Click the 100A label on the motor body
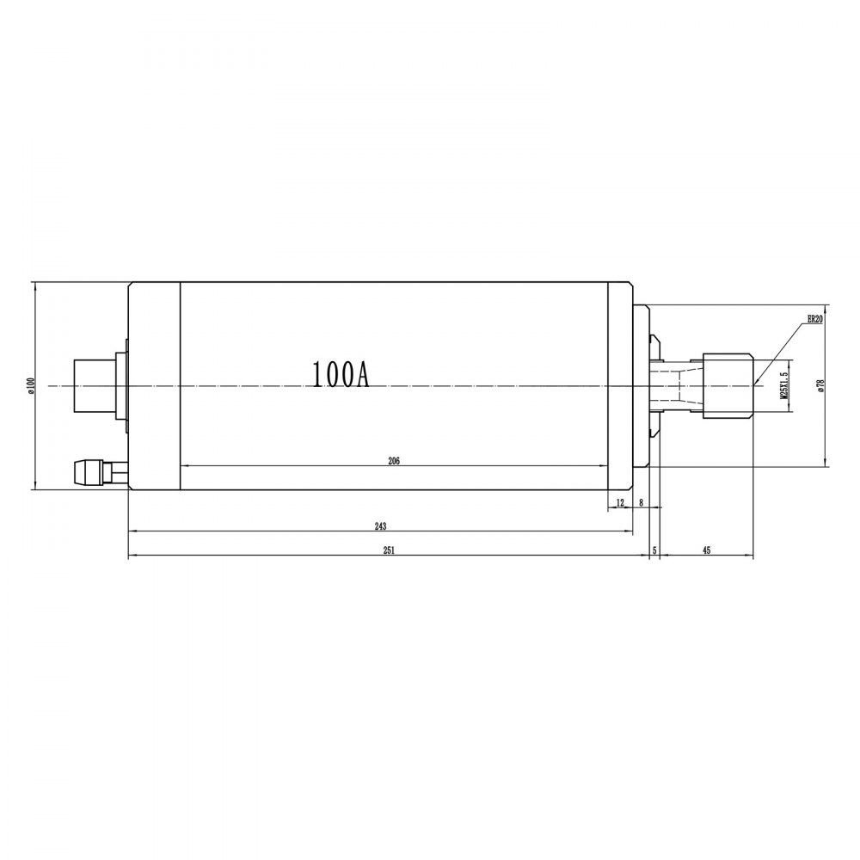(340, 375)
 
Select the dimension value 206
(394, 461)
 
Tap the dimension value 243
(380, 525)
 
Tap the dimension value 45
(706, 551)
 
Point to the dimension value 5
(654, 551)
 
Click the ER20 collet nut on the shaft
(728, 385)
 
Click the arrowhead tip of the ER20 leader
(754, 384)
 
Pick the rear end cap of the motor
(154, 386)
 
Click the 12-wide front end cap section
(620, 386)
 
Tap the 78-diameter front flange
(641, 386)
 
